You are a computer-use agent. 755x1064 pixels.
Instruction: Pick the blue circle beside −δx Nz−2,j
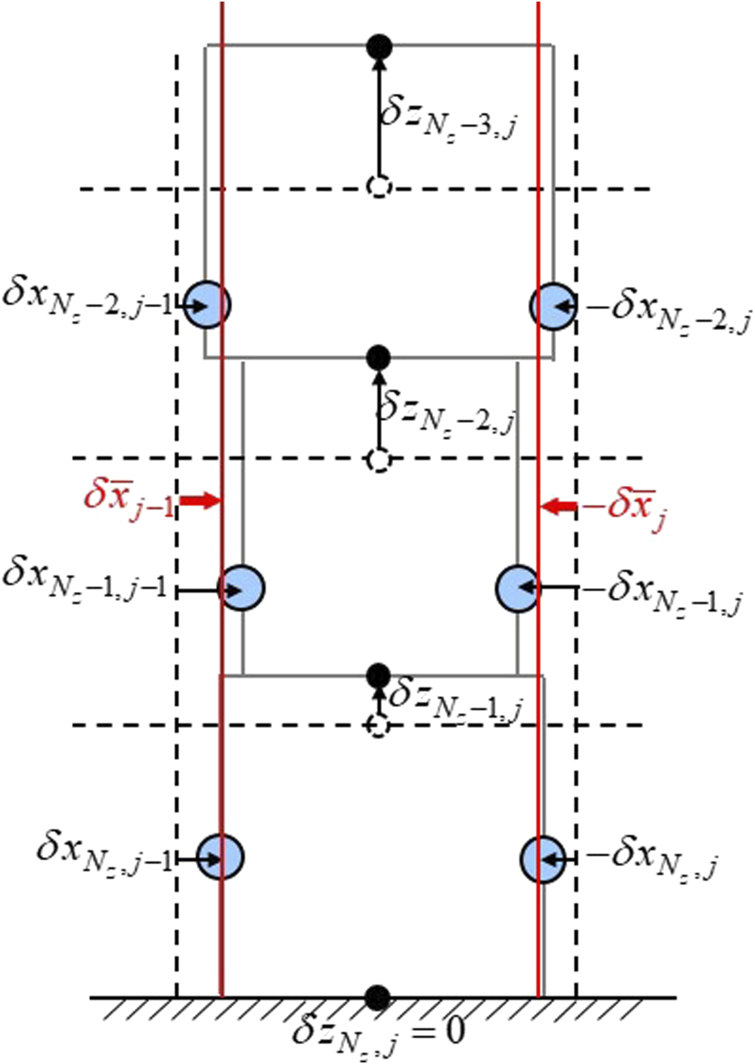[553, 306]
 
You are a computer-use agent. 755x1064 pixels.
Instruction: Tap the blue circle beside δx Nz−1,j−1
[242, 588]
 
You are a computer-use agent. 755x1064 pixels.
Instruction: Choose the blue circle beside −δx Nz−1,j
[518, 588]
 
